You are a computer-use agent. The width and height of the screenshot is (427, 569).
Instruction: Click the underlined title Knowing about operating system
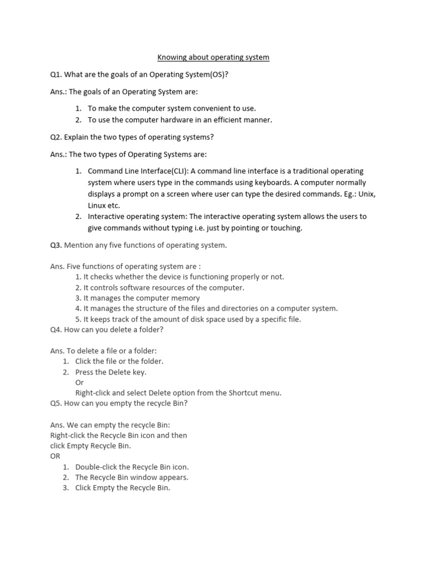[x=213, y=57]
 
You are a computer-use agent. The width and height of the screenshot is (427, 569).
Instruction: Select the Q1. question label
[x=56, y=74]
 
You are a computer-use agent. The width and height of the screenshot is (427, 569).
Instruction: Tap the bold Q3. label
[x=56, y=245]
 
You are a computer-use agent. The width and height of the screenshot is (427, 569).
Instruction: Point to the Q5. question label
[x=56, y=403]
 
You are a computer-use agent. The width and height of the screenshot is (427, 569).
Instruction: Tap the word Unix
[x=367, y=194]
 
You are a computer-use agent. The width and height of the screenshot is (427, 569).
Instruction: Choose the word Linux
[x=97, y=205]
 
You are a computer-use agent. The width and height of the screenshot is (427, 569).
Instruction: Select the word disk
[x=192, y=319]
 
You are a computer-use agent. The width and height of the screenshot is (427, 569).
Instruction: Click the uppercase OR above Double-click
[x=55, y=456]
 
